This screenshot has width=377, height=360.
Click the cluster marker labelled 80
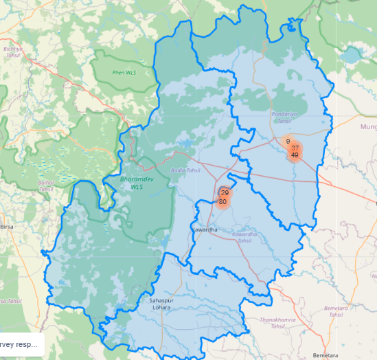click(x=222, y=202)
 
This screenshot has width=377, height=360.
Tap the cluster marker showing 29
click(x=225, y=193)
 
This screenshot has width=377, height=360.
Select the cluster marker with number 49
click(x=295, y=155)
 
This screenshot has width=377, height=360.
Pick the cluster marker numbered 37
click(x=295, y=148)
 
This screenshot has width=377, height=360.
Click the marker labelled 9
click(x=288, y=141)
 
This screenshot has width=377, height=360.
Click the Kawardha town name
click(x=205, y=228)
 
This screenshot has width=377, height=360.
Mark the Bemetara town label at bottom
click(x=322, y=355)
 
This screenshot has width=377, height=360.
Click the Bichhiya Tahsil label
click(x=13, y=52)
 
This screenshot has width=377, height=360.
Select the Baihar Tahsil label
click(x=47, y=185)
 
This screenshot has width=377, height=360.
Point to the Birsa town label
click(x=7, y=225)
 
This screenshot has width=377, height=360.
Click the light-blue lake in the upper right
click(x=352, y=54)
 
